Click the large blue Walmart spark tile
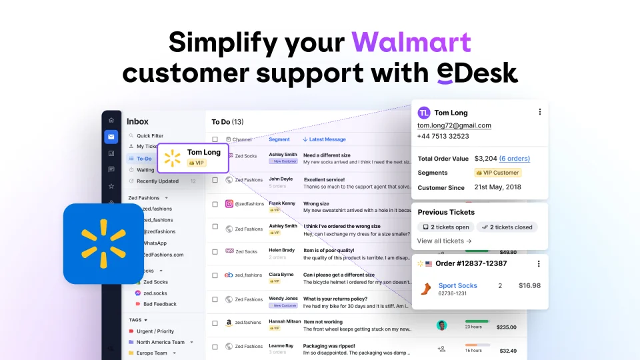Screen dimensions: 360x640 [103, 243]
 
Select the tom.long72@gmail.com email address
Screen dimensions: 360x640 [454, 125]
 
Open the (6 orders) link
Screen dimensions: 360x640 [514, 159]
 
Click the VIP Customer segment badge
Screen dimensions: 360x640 [497, 173]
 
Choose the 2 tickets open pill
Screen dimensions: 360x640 [446, 227]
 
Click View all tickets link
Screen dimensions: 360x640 [444, 241]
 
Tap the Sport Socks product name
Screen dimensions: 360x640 [457, 285]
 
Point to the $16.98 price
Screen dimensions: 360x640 [529, 285]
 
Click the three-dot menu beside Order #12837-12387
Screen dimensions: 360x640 [539, 263]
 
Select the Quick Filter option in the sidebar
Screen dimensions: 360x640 [149, 135]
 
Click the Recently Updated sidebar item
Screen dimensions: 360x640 [157, 181]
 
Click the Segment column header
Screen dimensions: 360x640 [279, 139]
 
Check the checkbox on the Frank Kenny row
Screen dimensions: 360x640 [215, 205]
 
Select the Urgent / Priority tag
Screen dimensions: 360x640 [155, 331]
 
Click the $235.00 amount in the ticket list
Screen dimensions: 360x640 [507, 327]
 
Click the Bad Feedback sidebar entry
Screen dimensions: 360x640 [160, 304]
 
